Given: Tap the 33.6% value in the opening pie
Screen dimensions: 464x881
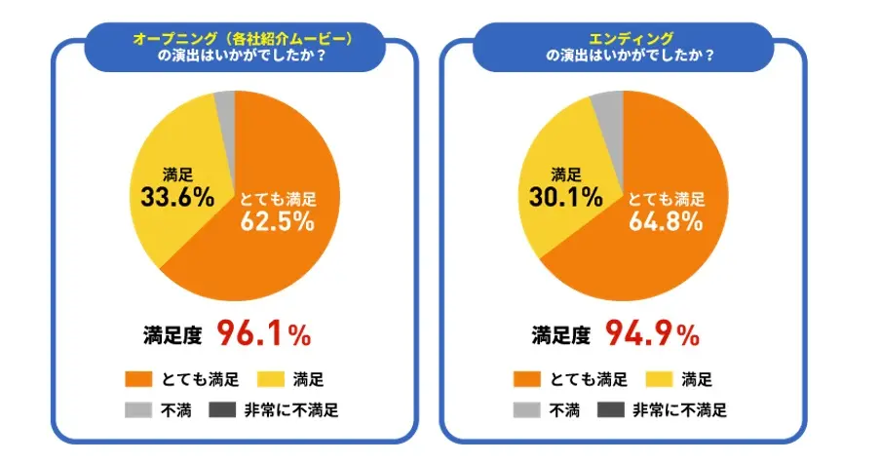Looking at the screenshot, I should pyautogui.click(x=177, y=199).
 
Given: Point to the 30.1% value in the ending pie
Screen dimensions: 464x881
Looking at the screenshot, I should pyautogui.click(x=566, y=199).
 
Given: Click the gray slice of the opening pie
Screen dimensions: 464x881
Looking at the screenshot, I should pyautogui.click(x=225, y=101).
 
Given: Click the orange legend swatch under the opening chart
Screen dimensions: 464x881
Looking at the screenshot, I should pyautogui.click(x=139, y=378).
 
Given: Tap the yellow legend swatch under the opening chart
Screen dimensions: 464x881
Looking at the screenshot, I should pyautogui.click(x=272, y=378).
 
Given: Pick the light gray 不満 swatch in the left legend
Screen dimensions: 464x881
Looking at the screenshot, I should pyautogui.click(x=139, y=409).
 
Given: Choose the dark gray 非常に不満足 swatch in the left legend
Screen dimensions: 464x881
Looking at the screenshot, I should pyautogui.click(x=224, y=409).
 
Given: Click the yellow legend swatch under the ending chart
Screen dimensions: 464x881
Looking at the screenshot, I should pyautogui.click(x=660, y=378).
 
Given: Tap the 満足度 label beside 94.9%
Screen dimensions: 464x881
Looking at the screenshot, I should pyautogui.click(x=560, y=336).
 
